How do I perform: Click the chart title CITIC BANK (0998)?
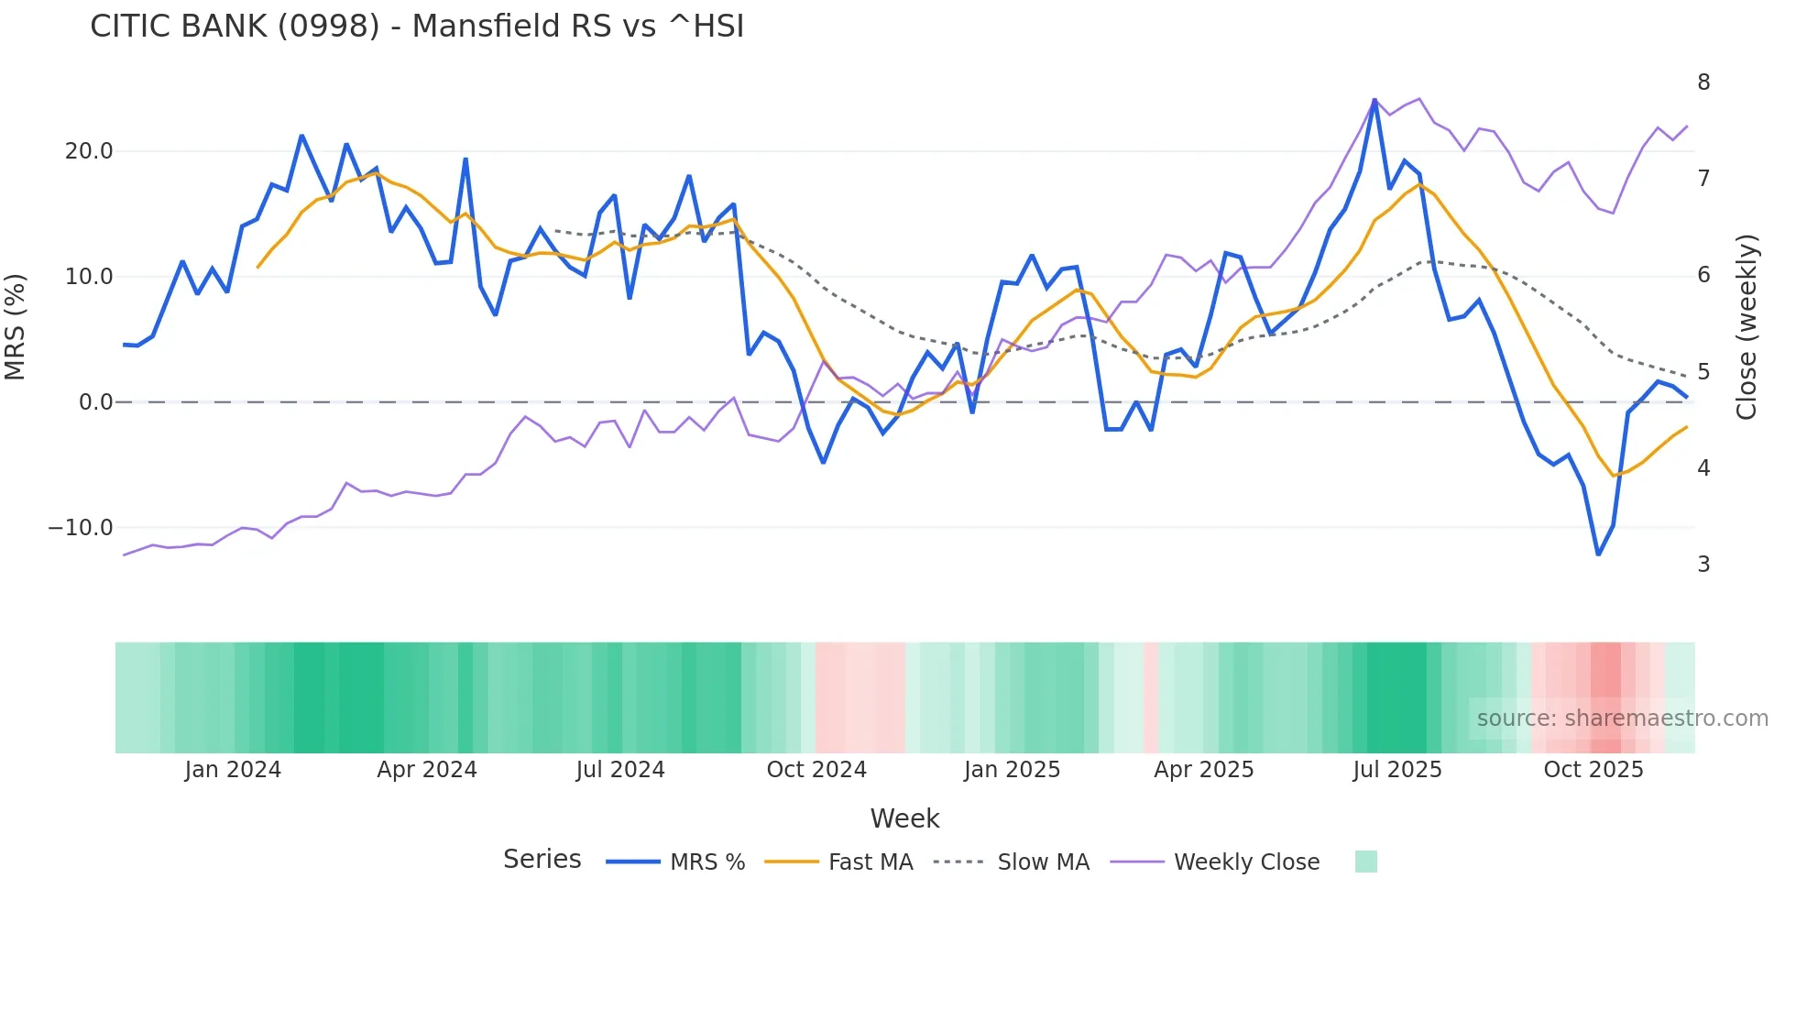(417, 27)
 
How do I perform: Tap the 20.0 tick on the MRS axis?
(89, 151)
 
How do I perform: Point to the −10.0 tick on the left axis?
(81, 528)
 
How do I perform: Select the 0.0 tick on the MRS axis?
(95, 402)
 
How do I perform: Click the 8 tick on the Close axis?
(1703, 82)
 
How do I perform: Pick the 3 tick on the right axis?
(1703, 565)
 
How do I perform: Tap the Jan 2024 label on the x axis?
(233, 770)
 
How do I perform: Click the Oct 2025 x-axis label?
(1593, 770)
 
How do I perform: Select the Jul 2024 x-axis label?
(620, 770)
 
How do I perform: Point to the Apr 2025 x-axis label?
(1203, 770)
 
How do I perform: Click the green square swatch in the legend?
(1365, 862)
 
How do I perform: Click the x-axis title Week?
(904, 818)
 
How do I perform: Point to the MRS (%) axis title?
(16, 326)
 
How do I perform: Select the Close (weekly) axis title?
(1747, 326)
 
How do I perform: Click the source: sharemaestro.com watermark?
(1622, 719)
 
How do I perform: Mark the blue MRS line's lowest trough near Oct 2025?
(1598, 554)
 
